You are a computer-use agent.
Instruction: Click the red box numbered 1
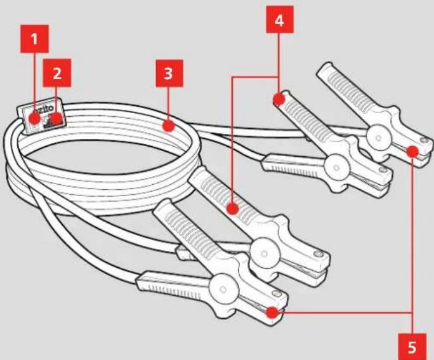(x=35, y=39)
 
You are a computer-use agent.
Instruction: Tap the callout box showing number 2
(x=56, y=73)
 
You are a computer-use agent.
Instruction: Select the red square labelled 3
(x=169, y=74)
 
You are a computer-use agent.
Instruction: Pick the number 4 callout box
(x=280, y=20)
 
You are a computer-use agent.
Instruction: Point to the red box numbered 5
(x=412, y=347)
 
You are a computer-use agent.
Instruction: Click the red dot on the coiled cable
(x=168, y=126)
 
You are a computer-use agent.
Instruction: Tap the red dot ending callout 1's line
(x=35, y=119)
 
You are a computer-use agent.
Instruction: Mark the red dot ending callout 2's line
(x=57, y=119)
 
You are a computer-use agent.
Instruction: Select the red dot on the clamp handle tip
(x=279, y=99)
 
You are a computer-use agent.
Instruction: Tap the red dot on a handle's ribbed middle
(x=232, y=209)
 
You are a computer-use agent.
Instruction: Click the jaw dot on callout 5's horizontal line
(x=272, y=312)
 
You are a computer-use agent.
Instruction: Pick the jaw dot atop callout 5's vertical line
(x=412, y=151)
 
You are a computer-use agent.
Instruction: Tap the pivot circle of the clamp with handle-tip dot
(x=336, y=168)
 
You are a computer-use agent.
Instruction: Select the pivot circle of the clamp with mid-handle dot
(x=265, y=253)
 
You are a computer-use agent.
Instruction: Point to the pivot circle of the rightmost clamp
(x=378, y=138)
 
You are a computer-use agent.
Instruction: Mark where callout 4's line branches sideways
(x=278, y=77)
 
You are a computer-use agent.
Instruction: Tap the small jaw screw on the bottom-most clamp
(x=276, y=293)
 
